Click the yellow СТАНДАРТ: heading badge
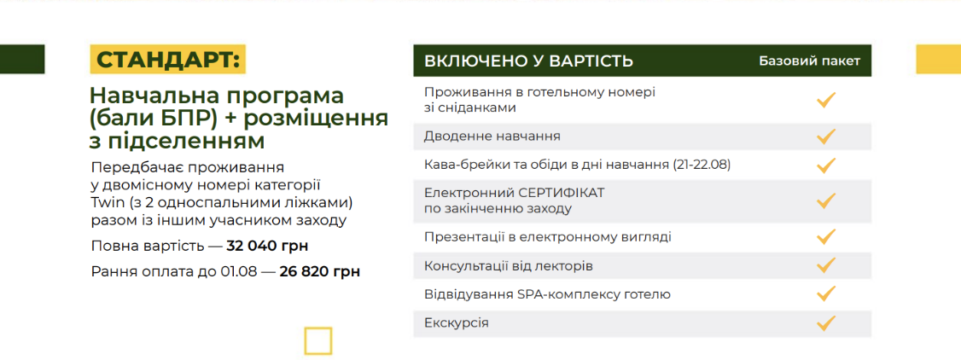(167, 60)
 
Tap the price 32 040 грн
(267, 247)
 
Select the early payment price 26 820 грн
(320, 272)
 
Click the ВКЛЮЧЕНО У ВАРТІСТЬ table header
(529, 61)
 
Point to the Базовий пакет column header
(810, 61)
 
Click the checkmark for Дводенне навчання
(826, 136)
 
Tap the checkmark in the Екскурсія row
(826, 322)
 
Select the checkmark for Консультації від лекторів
(826, 265)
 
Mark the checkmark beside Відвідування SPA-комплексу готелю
(826, 293)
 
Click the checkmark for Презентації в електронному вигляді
(826, 235)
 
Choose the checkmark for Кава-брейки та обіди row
(826, 165)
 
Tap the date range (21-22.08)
(702, 165)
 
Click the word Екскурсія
(457, 322)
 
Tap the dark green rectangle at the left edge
(22, 60)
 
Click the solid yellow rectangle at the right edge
(938, 60)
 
